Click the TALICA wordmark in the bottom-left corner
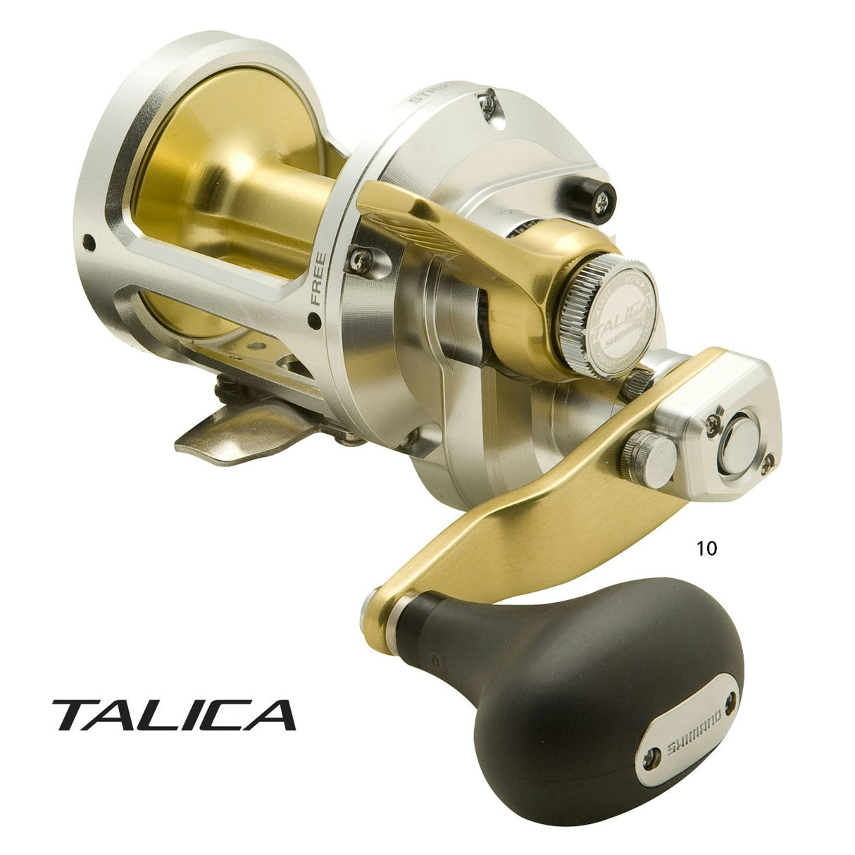(173, 714)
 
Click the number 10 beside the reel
(706, 548)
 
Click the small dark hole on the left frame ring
(89, 243)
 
